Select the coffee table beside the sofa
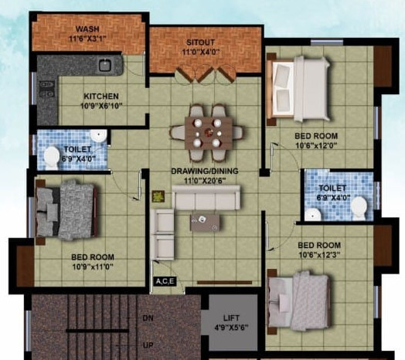click(205, 222)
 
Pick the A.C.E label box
click(165, 282)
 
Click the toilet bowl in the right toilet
click(359, 207)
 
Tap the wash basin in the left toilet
click(98, 137)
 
